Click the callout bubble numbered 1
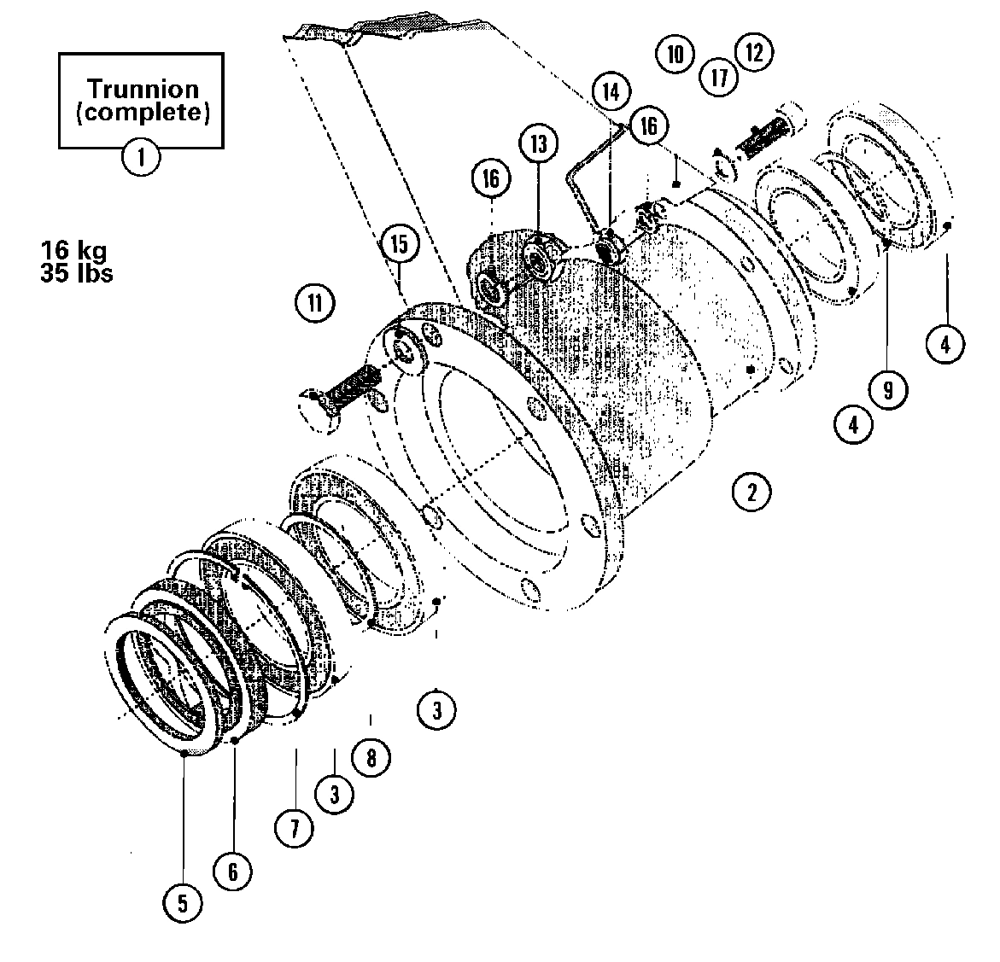[141, 158]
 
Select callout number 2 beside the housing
[751, 493]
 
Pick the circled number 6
[232, 871]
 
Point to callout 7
[294, 828]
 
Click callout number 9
[888, 390]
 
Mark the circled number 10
[675, 54]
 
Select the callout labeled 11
[314, 303]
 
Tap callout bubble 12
[753, 52]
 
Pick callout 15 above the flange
[400, 244]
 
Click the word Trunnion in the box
[143, 89]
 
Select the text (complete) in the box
[143, 113]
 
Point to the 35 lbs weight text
[76, 274]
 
